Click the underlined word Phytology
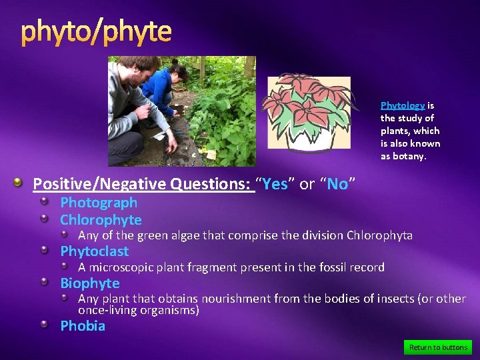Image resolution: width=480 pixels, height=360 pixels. [x=402, y=105]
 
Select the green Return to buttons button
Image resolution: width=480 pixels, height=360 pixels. [x=438, y=347]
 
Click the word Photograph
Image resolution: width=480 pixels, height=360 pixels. [x=99, y=203]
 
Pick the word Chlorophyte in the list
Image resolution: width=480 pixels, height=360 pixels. [x=101, y=220]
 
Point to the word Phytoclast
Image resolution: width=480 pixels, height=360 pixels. [x=94, y=251]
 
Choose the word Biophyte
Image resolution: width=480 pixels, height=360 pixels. [x=90, y=283]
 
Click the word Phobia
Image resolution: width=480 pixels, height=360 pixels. [x=83, y=326]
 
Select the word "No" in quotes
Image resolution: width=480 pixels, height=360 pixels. [x=337, y=184]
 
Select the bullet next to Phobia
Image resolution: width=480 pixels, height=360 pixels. [x=44, y=325]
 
